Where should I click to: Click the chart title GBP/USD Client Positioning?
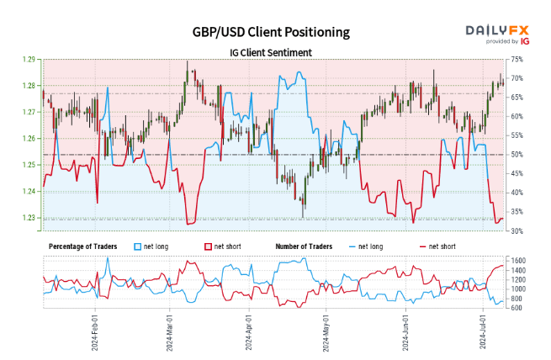click(x=270, y=32)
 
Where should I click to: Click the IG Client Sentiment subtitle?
click(x=270, y=52)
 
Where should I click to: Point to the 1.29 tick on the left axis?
click(x=29, y=60)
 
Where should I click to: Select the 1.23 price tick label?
click(x=29, y=218)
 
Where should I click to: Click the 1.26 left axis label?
click(x=29, y=139)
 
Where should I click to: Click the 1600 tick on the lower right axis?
click(x=518, y=261)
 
